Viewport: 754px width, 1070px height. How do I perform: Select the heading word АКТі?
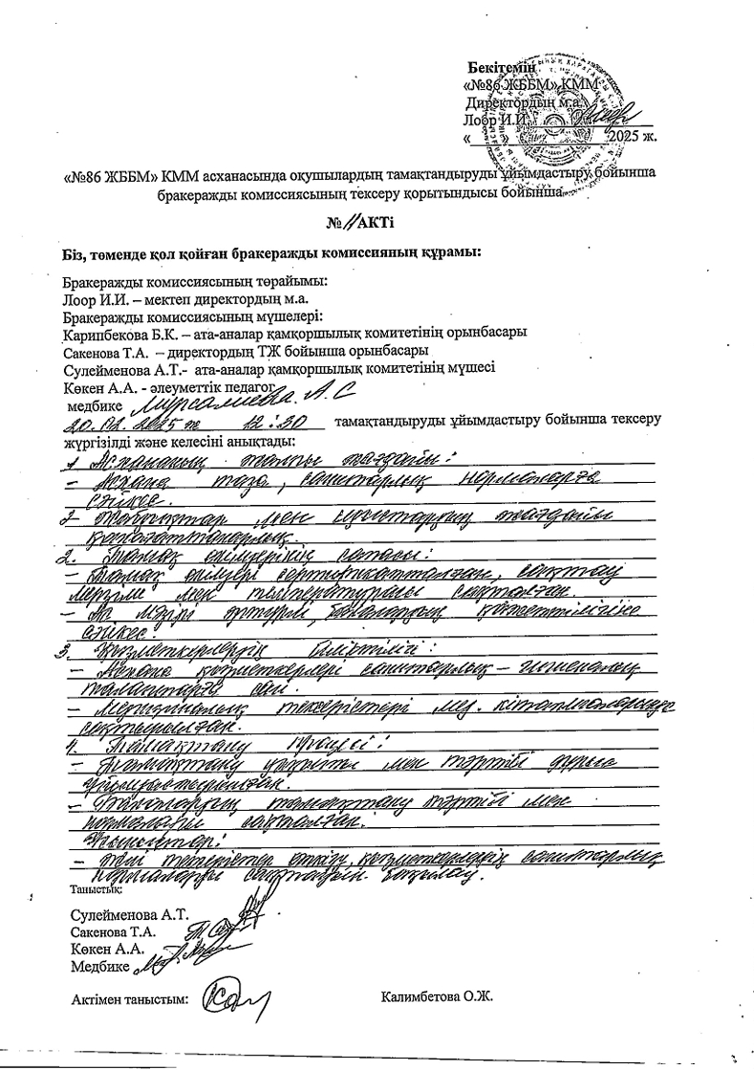click(375, 223)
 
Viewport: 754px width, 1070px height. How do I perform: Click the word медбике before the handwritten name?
click(89, 404)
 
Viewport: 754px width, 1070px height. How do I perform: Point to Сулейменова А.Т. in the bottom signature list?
click(118, 913)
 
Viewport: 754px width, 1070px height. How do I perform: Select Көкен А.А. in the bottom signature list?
click(107, 949)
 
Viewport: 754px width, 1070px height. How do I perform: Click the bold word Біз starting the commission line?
click(73, 253)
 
